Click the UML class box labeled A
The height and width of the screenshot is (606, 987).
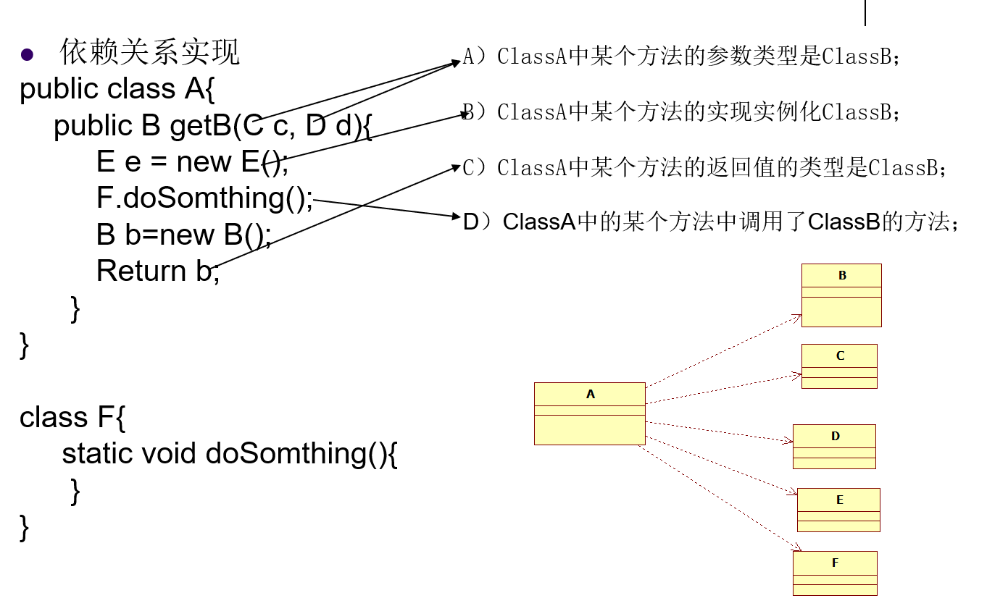[589, 413]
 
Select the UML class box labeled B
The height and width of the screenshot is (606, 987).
[841, 295]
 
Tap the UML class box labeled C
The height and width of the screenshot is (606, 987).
[839, 366]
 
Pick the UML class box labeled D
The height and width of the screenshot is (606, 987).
[834, 447]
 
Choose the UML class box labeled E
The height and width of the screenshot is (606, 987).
[838, 510]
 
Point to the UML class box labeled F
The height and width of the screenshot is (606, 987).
[835, 573]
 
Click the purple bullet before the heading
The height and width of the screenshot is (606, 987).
[28, 54]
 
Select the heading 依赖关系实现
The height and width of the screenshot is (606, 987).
[149, 53]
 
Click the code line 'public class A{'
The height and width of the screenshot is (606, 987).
[117, 89]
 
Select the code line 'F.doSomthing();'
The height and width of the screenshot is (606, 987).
[205, 198]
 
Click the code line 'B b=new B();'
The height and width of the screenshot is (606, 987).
[184, 235]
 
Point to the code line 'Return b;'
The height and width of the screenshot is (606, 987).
[157, 272]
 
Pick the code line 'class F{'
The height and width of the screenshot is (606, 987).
[72, 418]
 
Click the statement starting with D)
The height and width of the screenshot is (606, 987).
[711, 222]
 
